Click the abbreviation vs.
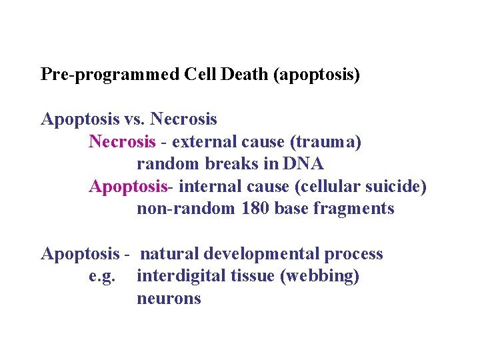[135, 119]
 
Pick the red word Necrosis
[123, 142]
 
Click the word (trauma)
[326, 142]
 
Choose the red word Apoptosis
[127, 187]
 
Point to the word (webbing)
[319, 276]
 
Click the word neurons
[169, 299]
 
